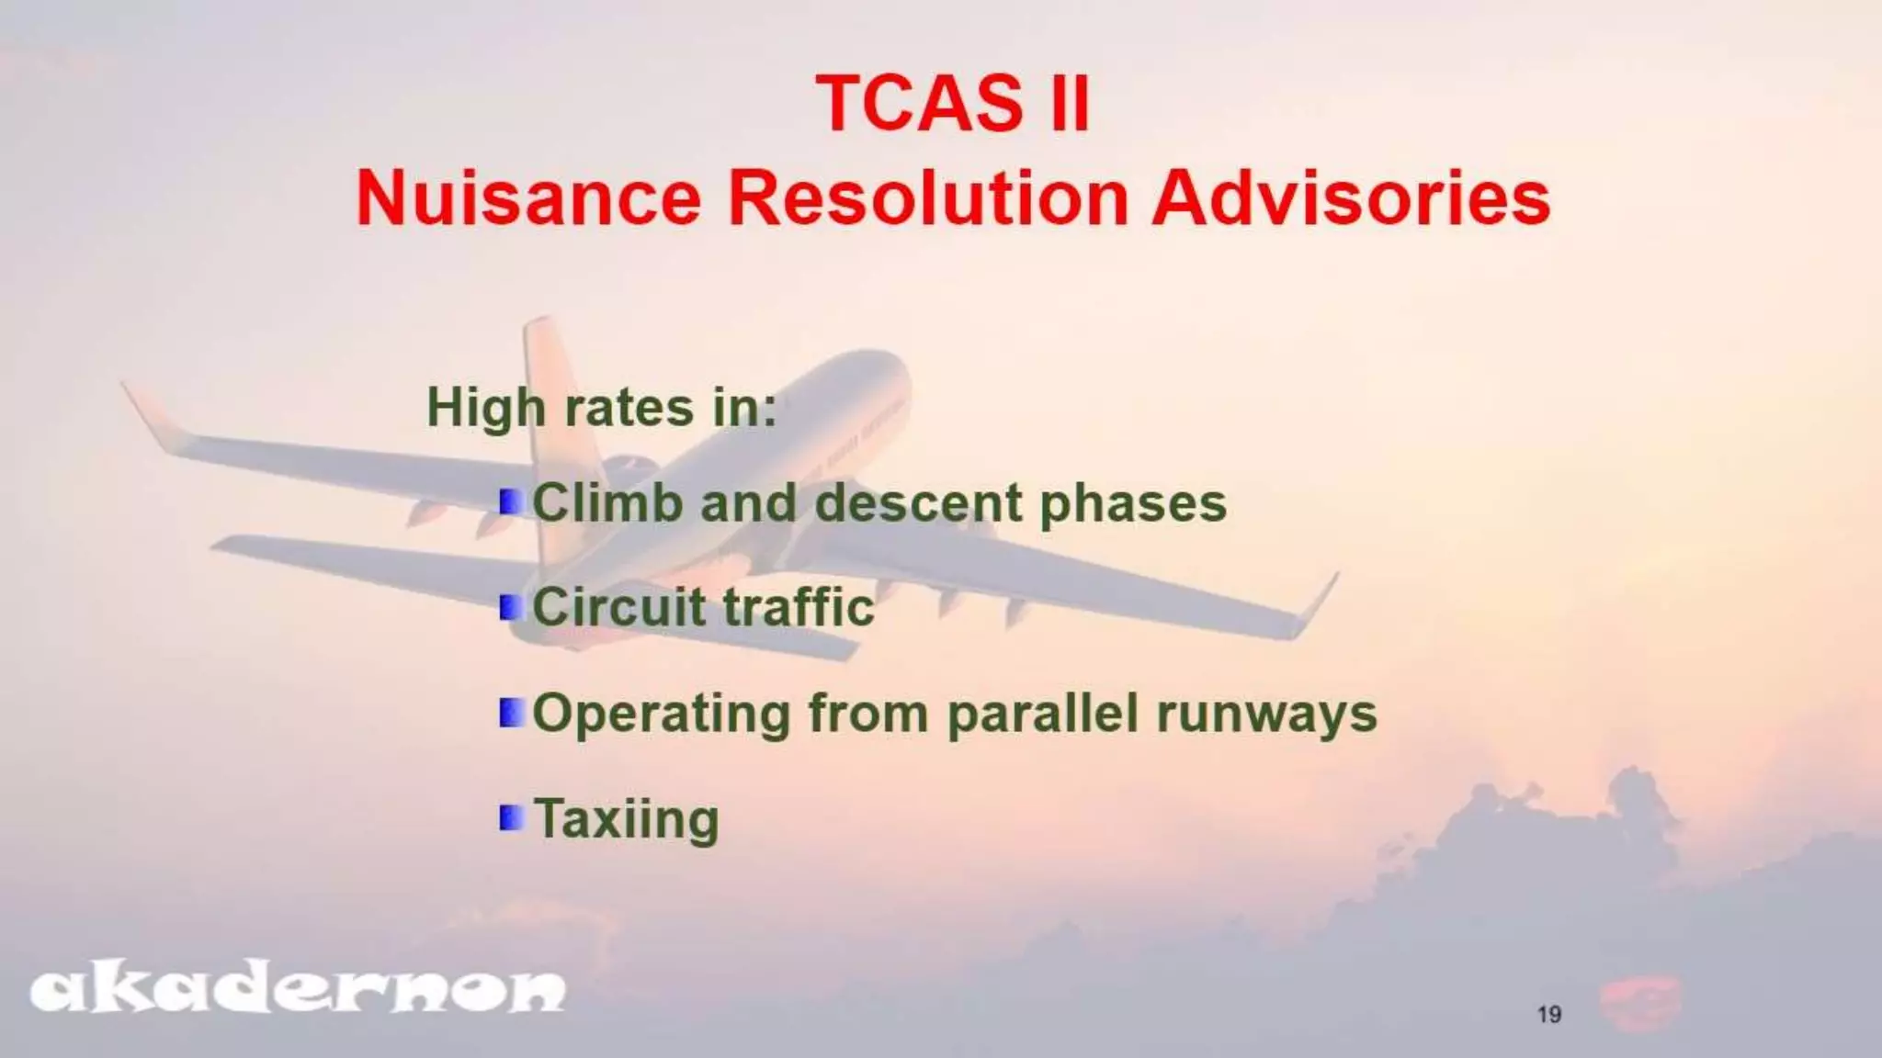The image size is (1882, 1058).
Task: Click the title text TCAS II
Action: (x=952, y=103)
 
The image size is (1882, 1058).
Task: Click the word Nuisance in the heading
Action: (x=528, y=198)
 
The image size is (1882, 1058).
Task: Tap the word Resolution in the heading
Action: (x=928, y=198)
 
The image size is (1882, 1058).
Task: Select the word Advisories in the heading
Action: (x=1351, y=198)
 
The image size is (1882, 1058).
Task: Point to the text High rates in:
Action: (x=602, y=408)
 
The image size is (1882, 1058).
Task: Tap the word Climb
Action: (x=607, y=503)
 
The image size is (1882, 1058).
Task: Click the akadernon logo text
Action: (x=298, y=991)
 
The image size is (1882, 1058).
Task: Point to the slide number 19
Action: (x=1549, y=1015)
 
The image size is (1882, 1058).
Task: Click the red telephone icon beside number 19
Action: (x=1639, y=1003)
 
